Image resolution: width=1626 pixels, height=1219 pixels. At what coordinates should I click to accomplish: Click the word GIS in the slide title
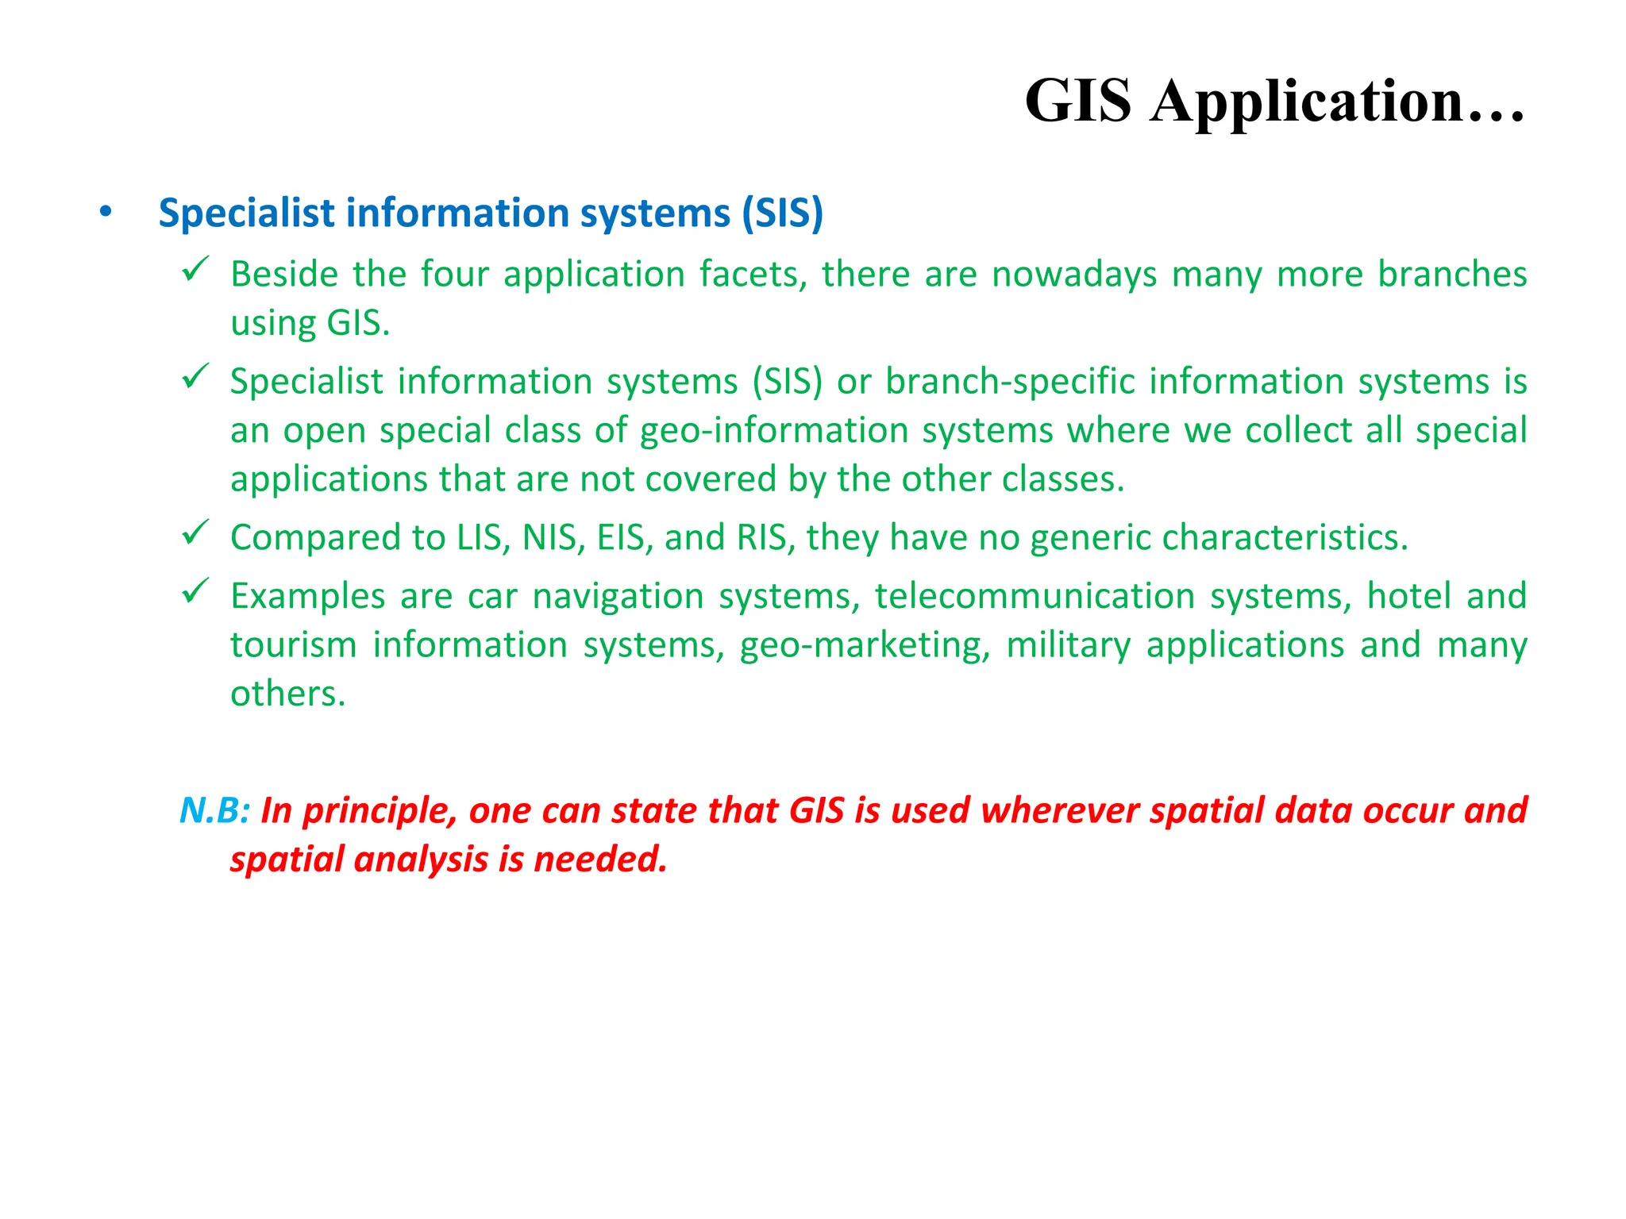1077,101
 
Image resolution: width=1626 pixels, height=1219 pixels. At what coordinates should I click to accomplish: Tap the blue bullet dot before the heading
106,212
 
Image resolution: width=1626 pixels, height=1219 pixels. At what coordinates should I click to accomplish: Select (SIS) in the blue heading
782,213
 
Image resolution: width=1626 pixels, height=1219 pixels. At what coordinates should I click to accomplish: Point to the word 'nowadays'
1074,275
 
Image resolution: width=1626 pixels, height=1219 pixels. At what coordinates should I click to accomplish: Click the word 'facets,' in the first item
753,275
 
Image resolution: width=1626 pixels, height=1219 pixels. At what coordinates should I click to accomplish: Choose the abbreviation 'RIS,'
765,538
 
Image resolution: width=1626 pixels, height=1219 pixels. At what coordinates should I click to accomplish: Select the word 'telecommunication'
1035,596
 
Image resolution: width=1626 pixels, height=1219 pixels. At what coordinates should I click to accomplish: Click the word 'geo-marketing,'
865,645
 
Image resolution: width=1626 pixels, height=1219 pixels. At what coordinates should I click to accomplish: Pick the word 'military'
1068,645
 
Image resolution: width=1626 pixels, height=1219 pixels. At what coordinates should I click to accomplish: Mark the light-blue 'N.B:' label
214,810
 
